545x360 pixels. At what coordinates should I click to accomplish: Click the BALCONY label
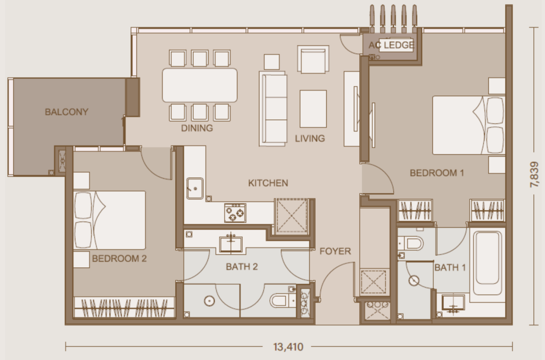pos(67,112)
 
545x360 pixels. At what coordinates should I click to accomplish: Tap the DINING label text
pos(197,128)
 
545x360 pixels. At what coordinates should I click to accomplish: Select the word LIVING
pos(310,138)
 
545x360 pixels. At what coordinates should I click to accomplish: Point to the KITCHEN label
pos(268,183)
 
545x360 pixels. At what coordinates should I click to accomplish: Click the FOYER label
pos(335,251)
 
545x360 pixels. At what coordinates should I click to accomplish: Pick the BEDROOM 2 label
pos(119,259)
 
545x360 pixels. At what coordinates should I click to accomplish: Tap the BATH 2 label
pos(242,267)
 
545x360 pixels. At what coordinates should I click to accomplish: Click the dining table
pos(200,85)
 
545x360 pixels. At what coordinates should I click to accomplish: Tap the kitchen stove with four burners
pos(235,212)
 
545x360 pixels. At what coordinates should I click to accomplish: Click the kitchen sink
pos(195,188)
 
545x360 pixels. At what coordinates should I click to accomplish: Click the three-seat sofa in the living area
pos(274,109)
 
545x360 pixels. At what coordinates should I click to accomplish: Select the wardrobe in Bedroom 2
pos(124,308)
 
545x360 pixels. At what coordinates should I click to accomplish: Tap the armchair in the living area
pos(313,60)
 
